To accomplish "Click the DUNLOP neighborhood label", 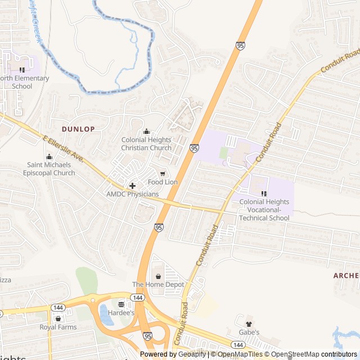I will pyautogui.click(x=78, y=129).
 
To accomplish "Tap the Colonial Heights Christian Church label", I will pyautogui.click(x=146, y=144).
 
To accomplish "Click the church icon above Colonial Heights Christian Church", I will pyautogui.click(x=146, y=132).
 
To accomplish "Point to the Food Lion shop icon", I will pyautogui.click(x=163, y=173).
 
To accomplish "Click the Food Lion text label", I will pyautogui.click(x=163, y=182).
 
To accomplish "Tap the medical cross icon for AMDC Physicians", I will pyautogui.click(x=132, y=186).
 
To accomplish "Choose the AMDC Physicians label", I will pyautogui.click(x=133, y=194).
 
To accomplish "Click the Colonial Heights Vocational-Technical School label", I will pyautogui.click(x=264, y=210).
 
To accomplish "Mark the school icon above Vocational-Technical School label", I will pyautogui.click(x=264, y=193).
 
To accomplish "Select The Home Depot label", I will pyautogui.click(x=158, y=285).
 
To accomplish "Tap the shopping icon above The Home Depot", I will pyautogui.click(x=158, y=276).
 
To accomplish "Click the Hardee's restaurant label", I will pyautogui.click(x=121, y=313).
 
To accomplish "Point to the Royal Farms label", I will pyautogui.click(x=57, y=327).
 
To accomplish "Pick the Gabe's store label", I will pyautogui.click(x=249, y=332).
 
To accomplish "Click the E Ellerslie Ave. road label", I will pyautogui.click(x=63, y=148).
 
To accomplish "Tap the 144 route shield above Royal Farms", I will pyautogui.click(x=57, y=308).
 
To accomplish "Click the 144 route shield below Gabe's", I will pyautogui.click(x=238, y=344).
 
